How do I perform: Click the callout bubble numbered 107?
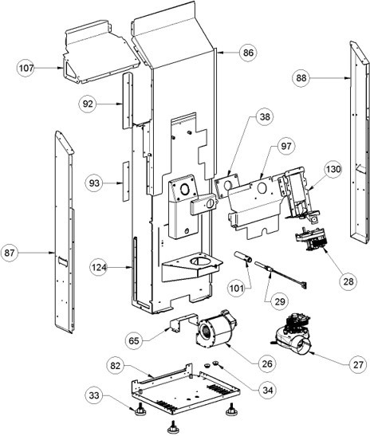(26, 68)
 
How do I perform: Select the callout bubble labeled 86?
(248, 53)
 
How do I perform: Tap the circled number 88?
(301, 78)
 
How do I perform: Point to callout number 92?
(88, 104)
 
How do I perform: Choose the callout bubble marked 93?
(94, 183)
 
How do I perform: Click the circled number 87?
(10, 253)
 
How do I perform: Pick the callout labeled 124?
(99, 267)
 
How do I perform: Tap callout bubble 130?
(333, 169)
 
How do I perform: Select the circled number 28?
(348, 281)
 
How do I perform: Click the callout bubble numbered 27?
(358, 364)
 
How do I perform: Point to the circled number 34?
(268, 390)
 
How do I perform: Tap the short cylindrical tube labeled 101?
(243, 257)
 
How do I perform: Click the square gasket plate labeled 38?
(227, 185)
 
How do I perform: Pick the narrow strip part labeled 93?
(126, 181)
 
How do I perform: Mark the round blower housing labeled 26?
(215, 329)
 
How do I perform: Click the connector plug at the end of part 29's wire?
(304, 285)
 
